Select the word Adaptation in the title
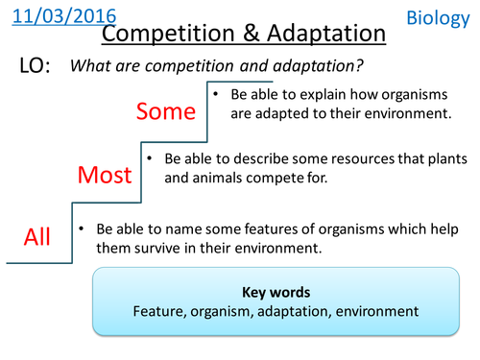pos(323,36)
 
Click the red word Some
pos(165,111)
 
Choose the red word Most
pos(103,175)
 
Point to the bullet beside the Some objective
pos(218,95)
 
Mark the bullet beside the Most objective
pos(149,156)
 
